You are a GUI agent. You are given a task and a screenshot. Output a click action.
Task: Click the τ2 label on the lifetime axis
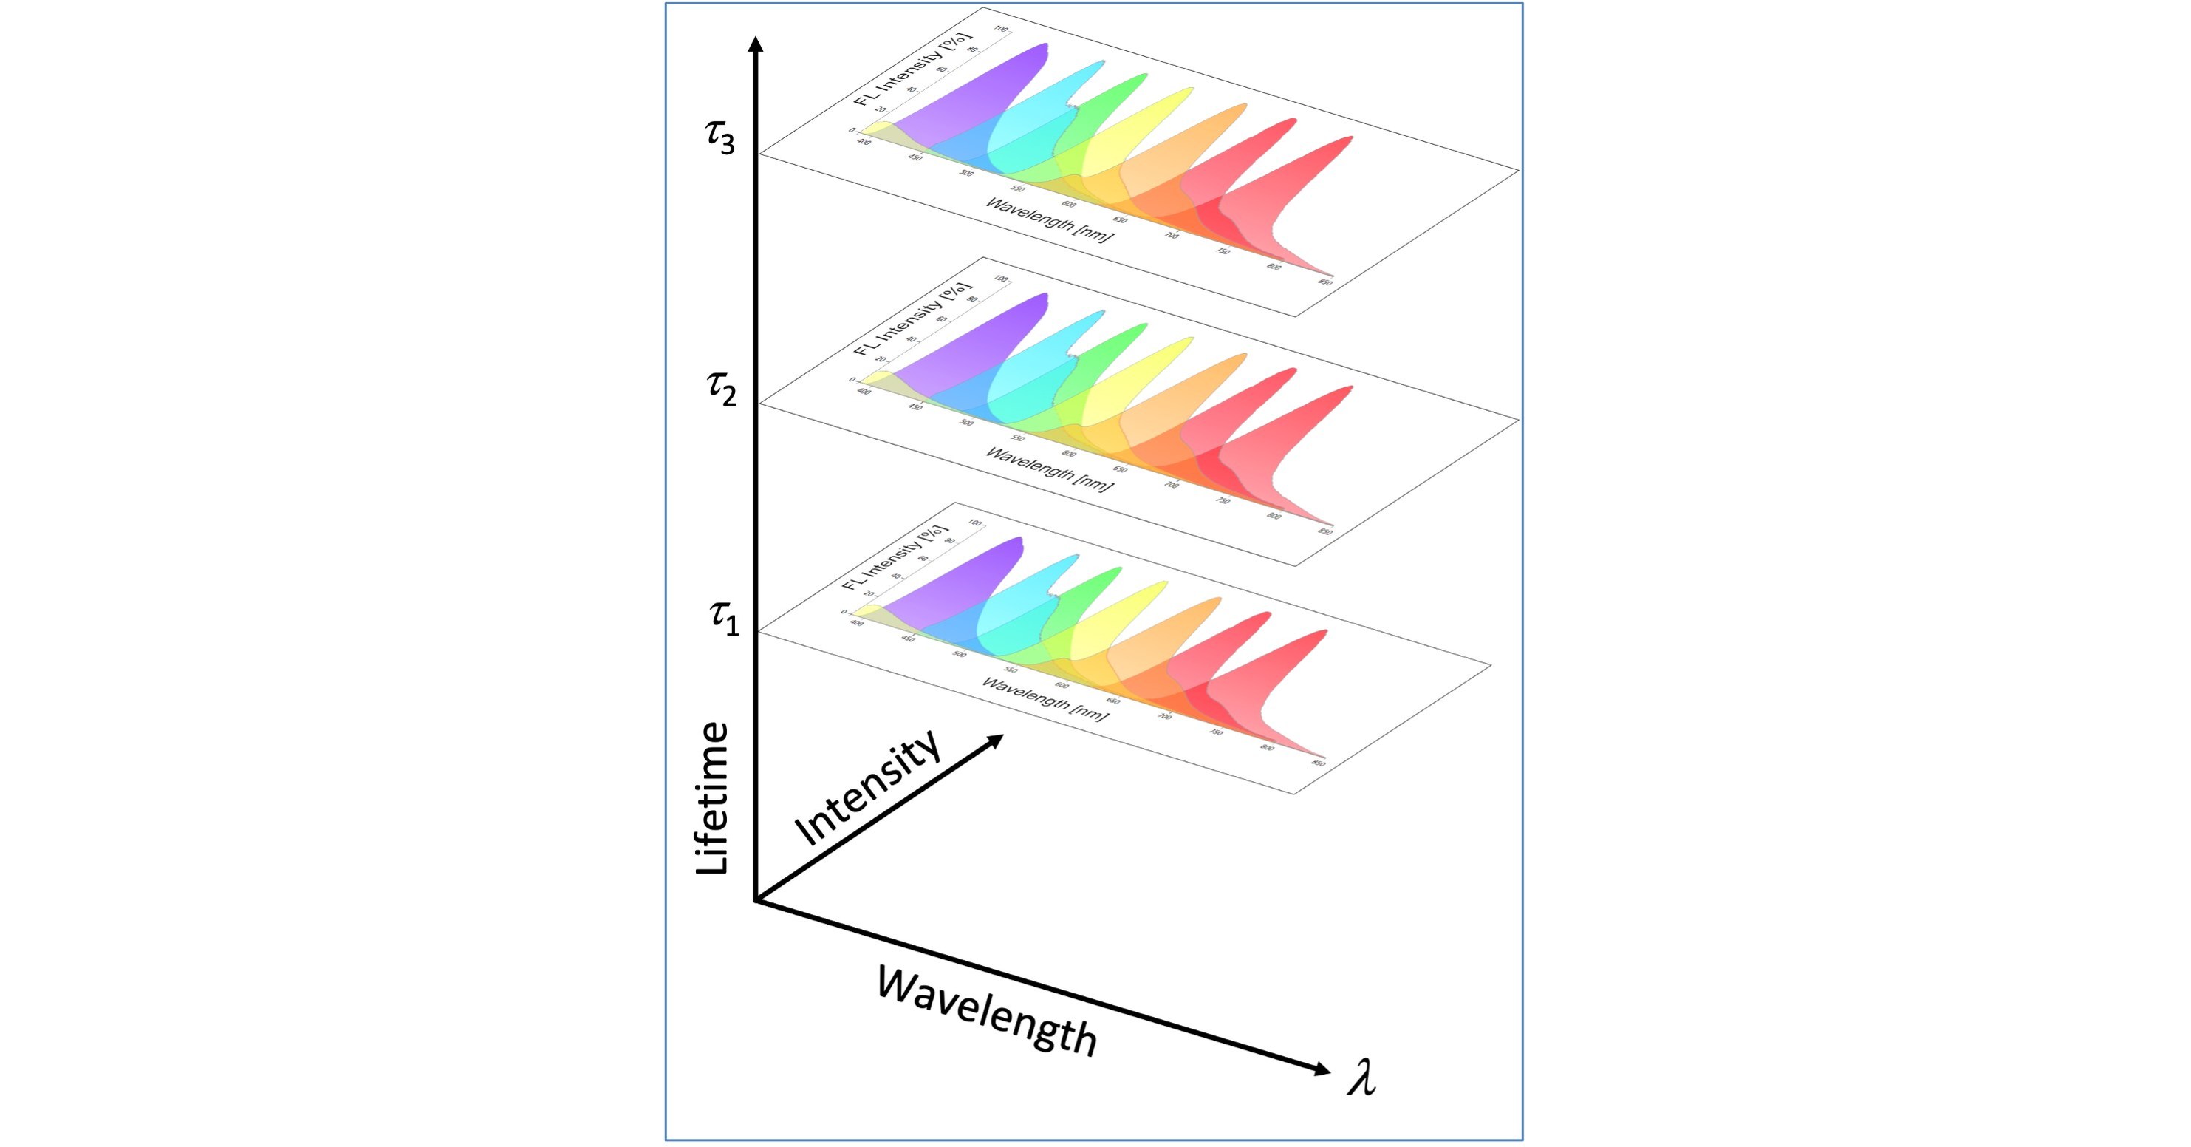[x=722, y=389]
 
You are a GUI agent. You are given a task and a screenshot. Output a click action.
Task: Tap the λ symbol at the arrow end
[x=1361, y=1080]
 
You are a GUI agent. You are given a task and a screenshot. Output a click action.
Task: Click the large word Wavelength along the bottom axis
[x=988, y=1012]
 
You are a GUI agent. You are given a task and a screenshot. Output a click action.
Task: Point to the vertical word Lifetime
[x=713, y=798]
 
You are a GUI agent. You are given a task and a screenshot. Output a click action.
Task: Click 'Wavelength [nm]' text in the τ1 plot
[x=1045, y=698]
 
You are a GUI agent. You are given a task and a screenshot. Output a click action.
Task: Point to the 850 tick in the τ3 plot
[x=1325, y=282]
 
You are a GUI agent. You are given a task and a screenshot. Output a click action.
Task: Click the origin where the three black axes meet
[x=755, y=899]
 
